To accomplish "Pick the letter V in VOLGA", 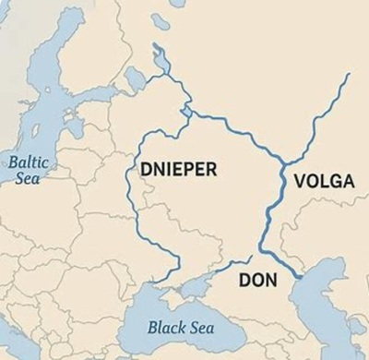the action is [299, 181].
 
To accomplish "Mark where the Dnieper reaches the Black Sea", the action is [153, 281].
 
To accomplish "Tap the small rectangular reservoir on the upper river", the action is [188, 113].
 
